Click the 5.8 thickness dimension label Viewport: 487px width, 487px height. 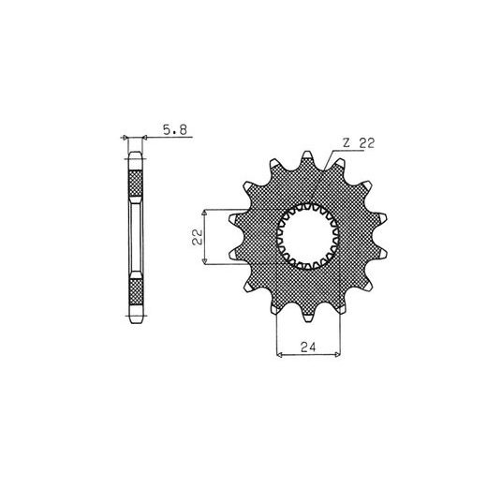tap(175, 129)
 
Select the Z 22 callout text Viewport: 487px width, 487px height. tap(359, 143)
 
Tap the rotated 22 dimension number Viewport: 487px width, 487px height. tap(198, 237)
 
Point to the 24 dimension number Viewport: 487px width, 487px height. tap(308, 347)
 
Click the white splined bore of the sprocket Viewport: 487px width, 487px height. tap(308, 237)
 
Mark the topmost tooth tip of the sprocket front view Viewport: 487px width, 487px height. tap(307, 155)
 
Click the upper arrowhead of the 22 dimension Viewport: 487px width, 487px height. tap(204, 213)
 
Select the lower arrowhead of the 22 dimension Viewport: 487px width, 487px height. tap(204, 261)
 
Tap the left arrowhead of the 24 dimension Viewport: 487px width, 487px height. tap(280, 355)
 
